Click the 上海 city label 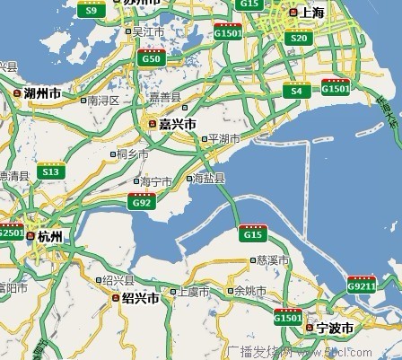310,13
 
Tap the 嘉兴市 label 178,123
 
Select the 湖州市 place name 43,92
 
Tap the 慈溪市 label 273,259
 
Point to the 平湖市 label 223,139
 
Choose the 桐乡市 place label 133,154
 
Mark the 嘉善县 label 165,96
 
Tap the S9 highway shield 90,10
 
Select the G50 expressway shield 152,57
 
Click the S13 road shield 51,171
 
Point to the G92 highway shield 142,202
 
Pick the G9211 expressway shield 362,285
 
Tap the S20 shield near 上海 299,38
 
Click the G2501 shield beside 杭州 11,232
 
